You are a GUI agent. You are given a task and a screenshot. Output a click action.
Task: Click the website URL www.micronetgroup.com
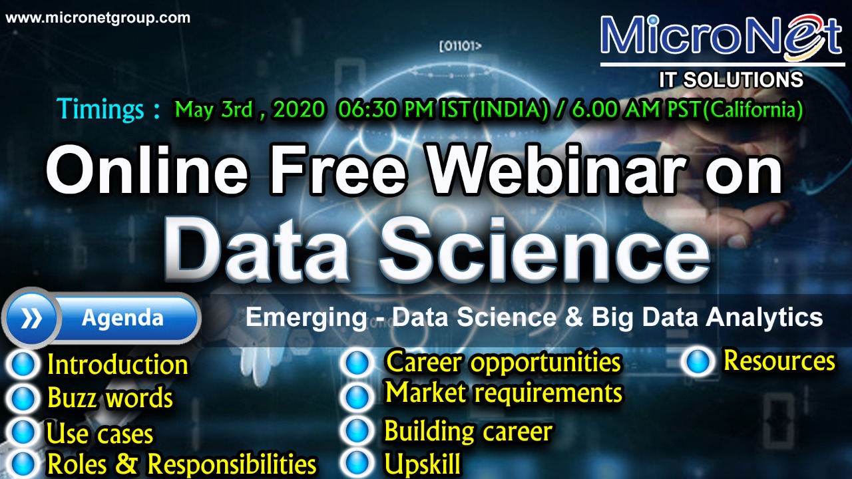(x=98, y=18)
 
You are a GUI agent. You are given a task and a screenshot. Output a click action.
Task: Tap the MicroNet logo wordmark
(x=721, y=36)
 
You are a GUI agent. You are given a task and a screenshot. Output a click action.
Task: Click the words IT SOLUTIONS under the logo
(x=731, y=80)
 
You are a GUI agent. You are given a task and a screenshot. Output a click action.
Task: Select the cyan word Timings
(x=101, y=110)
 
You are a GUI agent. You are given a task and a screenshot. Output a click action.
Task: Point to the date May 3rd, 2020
(x=250, y=110)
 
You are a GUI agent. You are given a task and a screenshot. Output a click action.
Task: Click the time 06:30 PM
(x=385, y=110)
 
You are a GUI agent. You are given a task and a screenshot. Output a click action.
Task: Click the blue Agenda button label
(x=122, y=318)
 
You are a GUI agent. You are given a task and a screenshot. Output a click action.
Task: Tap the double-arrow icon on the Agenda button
(x=31, y=319)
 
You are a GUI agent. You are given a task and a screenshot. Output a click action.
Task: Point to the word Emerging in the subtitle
(x=306, y=318)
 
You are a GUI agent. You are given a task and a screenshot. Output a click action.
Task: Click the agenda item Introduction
(x=118, y=365)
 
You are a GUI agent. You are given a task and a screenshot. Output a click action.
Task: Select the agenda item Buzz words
(x=110, y=398)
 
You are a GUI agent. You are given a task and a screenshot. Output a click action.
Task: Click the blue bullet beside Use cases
(x=23, y=432)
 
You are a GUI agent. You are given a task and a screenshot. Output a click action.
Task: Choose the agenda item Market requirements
(x=504, y=393)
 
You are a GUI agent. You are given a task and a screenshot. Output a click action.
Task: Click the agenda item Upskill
(x=422, y=464)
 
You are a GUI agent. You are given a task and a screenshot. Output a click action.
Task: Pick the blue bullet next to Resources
(x=699, y=361)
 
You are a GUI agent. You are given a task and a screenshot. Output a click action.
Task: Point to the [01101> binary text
(x=461, y=47)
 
